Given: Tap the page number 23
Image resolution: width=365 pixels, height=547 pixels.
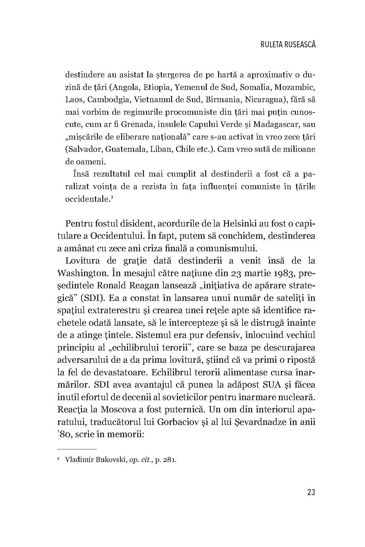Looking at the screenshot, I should pos(311,492).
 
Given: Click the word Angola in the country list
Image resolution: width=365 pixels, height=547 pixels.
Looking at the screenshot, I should pos(126,87).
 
